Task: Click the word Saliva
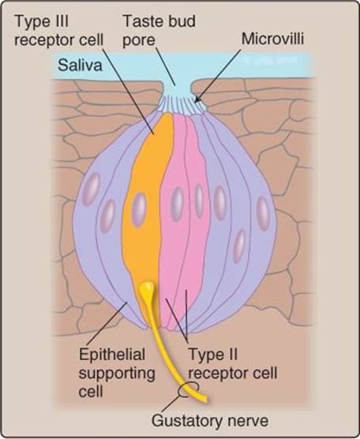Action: point(80,66)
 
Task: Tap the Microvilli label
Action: point(272,39)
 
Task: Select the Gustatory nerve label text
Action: point(210,422)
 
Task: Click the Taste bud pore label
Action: point(159,30)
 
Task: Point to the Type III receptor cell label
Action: point(59,30)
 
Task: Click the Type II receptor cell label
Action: point(233,364)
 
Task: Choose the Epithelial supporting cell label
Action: point(117,373)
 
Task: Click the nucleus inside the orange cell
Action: point(139,210)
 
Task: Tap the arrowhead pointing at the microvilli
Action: point(197,100)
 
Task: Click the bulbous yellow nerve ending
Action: point(146,288)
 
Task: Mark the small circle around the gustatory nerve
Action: point(189,389)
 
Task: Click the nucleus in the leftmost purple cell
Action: point(91,189)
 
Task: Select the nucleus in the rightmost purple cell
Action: point(263,213)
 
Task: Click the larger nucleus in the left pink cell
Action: point(177,204)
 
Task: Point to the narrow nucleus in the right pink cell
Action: point(199,201)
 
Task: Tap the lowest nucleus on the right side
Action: point(239,246)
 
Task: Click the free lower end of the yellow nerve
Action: point(205,399)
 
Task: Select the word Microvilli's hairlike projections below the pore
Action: point(182,104)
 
